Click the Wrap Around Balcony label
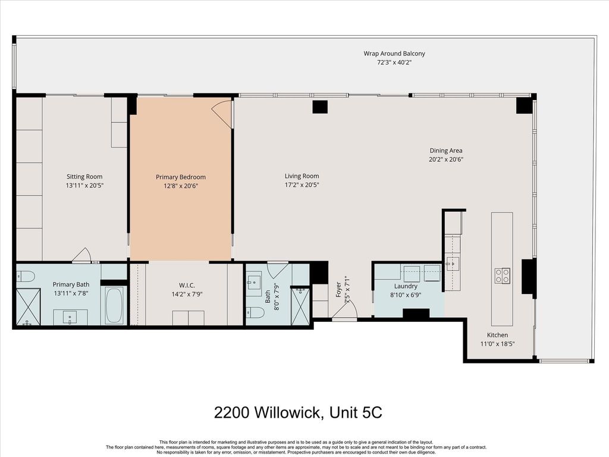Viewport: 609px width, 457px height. point(394,54)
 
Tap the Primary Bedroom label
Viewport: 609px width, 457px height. point(181,177)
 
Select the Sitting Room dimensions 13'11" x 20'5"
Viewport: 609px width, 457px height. point(84,186)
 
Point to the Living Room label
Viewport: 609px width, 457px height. point(302,176)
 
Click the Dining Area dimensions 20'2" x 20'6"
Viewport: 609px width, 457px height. point(446,159)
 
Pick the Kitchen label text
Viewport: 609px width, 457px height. point(498,335)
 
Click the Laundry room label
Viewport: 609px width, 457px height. point(406,286)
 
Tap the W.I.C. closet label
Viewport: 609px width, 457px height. point(187,286)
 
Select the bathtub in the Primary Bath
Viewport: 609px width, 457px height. point(114,305)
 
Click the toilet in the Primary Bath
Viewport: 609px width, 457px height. point(26,276)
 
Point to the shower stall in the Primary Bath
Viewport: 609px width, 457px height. point(28,306)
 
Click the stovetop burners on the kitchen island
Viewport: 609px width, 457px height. point(502,276)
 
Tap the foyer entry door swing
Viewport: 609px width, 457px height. point(344,310)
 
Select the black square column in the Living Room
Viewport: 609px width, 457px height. point(320,107)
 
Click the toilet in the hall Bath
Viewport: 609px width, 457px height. point(256,312)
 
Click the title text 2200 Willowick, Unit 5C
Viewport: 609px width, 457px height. point(298,412)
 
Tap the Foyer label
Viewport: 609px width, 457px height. point(338,290)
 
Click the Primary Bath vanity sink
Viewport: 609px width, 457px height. point(70,317)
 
